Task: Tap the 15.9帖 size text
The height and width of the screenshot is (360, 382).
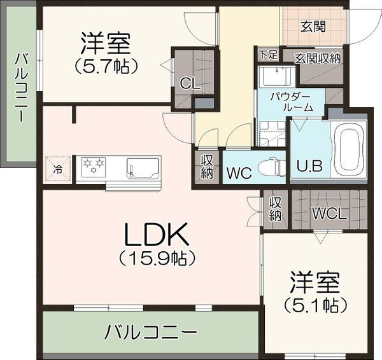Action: (156, 259)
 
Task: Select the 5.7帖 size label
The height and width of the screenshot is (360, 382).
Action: (106, 64)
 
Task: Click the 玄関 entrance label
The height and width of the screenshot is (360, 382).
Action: (313, 27)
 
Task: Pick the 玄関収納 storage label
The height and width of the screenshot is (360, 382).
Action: (318, 58)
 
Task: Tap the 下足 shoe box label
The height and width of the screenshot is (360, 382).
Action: (268, 55)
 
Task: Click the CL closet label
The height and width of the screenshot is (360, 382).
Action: (189, 83)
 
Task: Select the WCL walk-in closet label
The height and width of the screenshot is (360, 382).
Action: (329, 214)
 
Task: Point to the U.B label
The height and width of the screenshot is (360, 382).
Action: (309, 167)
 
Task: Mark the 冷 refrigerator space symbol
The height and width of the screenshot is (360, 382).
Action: (58, 169)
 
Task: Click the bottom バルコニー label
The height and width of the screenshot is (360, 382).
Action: (151, 331)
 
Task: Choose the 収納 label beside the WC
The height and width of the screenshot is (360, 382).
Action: (208, 167)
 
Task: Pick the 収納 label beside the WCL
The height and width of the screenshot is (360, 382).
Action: (275, 209)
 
